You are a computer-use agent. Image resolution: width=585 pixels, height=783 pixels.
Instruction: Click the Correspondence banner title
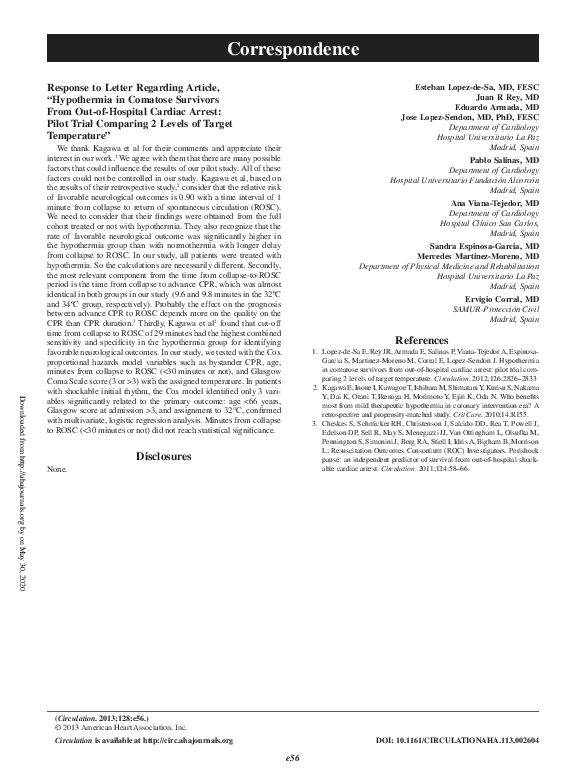292,47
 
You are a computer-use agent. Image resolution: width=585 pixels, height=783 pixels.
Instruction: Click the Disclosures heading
163,456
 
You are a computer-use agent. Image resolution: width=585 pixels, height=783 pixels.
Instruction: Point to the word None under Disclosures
57,468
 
